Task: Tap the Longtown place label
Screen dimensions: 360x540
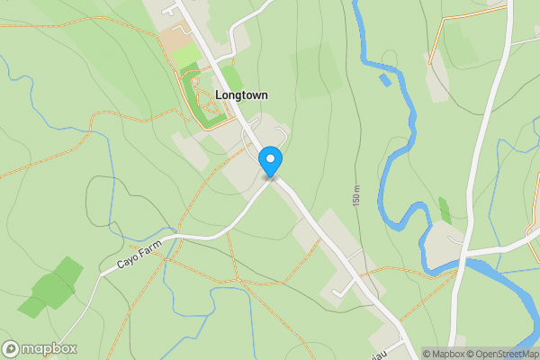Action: [241, 94]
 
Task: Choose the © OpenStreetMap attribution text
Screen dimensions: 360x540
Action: [502, 354]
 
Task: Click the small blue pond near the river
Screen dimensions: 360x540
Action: [386, 80]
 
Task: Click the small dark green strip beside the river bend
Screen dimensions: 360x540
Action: [445, 211]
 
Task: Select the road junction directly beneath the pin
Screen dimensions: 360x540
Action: [271, 177]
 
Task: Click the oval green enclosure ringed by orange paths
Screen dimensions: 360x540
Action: [202, 96]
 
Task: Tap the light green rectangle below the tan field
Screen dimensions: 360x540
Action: [186, 57]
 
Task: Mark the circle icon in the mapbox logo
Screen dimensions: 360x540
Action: [11, 348]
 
